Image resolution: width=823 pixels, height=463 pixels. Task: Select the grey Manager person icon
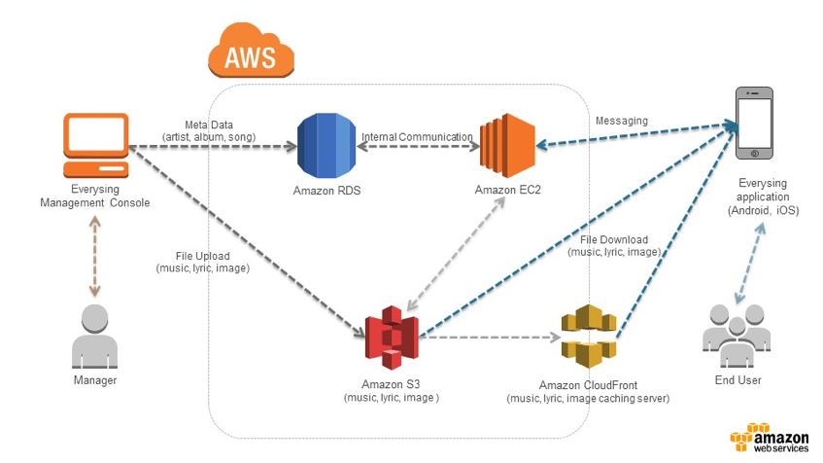point(94,336)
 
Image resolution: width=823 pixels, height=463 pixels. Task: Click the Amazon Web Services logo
point(768,440)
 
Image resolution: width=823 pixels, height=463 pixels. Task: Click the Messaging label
point(621,121)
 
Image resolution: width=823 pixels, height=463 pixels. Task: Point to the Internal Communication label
point(417,137)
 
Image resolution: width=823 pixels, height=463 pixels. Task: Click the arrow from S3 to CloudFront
point(491,338)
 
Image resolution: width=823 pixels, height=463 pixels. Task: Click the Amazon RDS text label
point(326,191)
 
